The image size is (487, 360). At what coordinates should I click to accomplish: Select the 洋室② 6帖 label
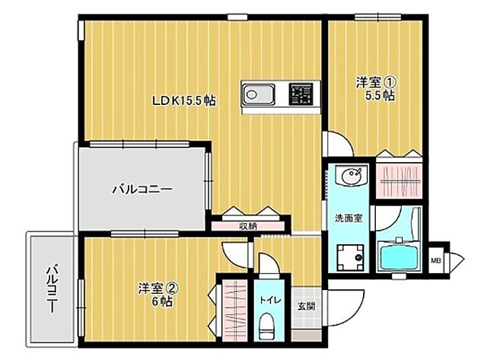[158, 295]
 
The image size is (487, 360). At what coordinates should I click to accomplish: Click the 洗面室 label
[349, 218]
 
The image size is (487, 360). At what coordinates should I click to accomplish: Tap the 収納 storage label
[248, 225]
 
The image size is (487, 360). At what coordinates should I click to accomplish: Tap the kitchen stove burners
[301, 95]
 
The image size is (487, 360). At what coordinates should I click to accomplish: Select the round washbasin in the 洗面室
[352, 177]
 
